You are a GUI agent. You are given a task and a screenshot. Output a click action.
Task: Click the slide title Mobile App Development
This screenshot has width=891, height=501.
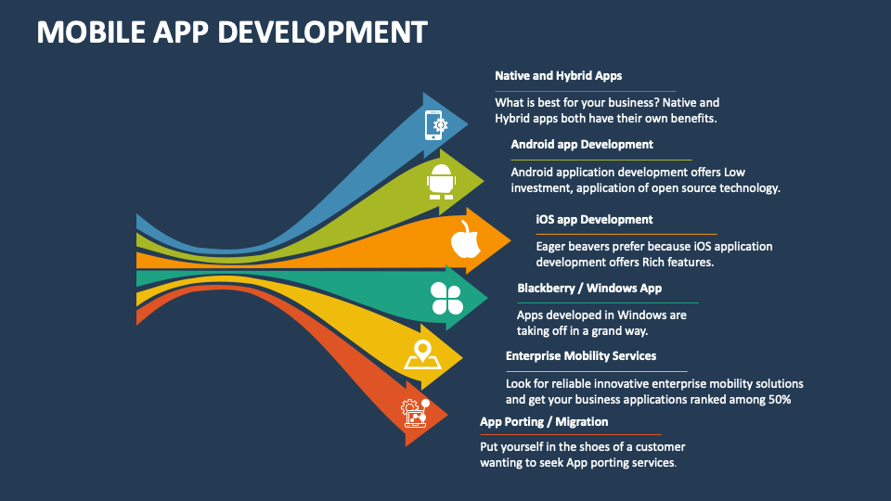click(232, 32)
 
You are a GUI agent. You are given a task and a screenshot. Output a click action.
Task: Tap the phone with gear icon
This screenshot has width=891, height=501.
click(435, 124)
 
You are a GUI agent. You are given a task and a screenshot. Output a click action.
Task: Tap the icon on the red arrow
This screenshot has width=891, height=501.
click(415, 413)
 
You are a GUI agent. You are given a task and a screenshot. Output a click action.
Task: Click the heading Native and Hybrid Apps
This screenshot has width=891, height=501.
click(558, 76)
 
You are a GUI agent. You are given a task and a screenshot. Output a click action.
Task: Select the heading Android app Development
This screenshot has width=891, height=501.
click(582, 144)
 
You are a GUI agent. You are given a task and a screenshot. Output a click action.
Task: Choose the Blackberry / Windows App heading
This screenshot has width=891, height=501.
click(589, 288)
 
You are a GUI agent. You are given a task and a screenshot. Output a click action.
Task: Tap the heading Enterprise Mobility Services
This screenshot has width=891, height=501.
click(581, 355)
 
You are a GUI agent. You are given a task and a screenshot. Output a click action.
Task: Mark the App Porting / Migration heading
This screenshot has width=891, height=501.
click(544, 421)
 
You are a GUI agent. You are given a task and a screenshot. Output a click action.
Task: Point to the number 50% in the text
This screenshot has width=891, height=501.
click(779, 400)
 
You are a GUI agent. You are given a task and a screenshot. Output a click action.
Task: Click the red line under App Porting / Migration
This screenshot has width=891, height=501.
click(571, 434)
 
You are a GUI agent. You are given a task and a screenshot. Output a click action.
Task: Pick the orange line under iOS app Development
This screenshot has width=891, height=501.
click(626, 234)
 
